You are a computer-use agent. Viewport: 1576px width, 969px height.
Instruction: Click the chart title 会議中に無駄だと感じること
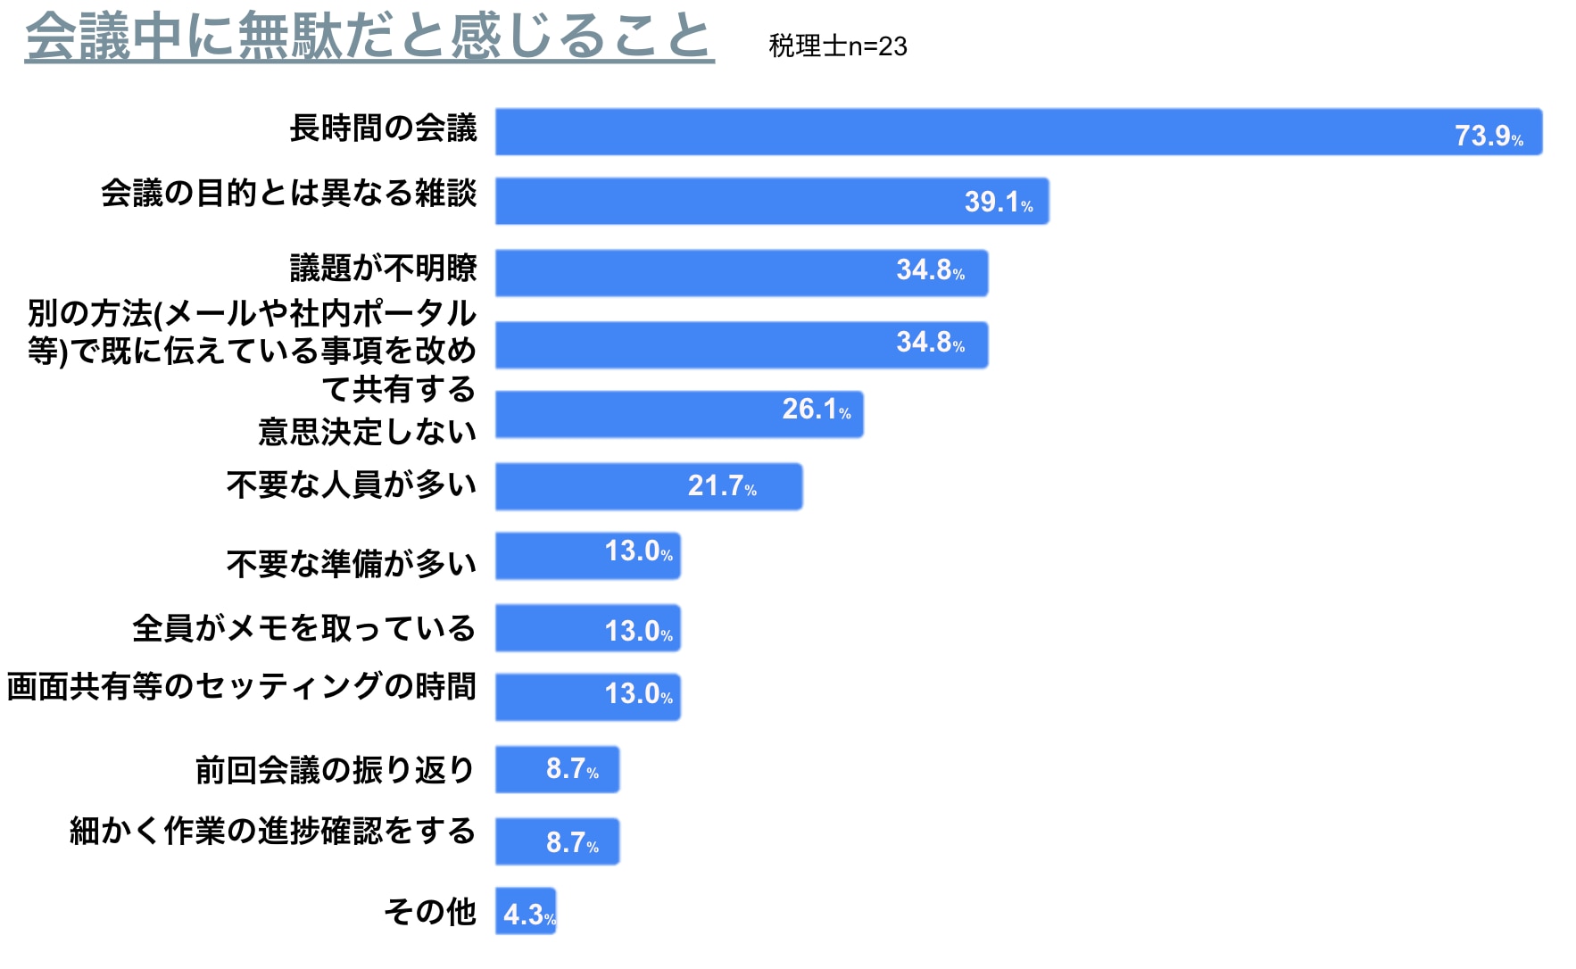tap(369, 37)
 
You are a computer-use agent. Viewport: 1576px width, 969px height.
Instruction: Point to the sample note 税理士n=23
tap(837, 46)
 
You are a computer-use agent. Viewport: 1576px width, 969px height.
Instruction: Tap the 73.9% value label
tap(1488, 136)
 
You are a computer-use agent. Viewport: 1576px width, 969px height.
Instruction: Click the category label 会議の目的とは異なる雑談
tap(288, 193)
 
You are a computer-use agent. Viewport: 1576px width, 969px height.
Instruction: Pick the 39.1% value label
tap(998, 202)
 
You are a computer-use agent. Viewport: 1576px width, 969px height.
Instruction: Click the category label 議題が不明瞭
tap(383, 268)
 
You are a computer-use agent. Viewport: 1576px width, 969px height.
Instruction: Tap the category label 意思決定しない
tap(367, 432)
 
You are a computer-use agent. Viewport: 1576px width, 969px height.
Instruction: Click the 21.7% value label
tap(721, 485)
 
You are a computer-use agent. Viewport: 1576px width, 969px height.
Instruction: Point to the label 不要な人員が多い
tap(351, 484)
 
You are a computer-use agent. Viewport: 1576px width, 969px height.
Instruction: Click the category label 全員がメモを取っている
tap(303, 628)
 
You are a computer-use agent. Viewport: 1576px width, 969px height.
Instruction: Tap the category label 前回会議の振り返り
tap(335, 769)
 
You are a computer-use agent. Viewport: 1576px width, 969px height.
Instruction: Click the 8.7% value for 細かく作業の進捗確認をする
tap(572, 842)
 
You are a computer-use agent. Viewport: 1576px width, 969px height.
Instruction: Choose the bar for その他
tap(526, 911)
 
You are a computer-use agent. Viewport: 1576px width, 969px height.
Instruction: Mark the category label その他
tap(430, 912)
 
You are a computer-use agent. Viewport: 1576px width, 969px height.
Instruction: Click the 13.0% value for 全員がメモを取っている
tap(638, 632)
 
